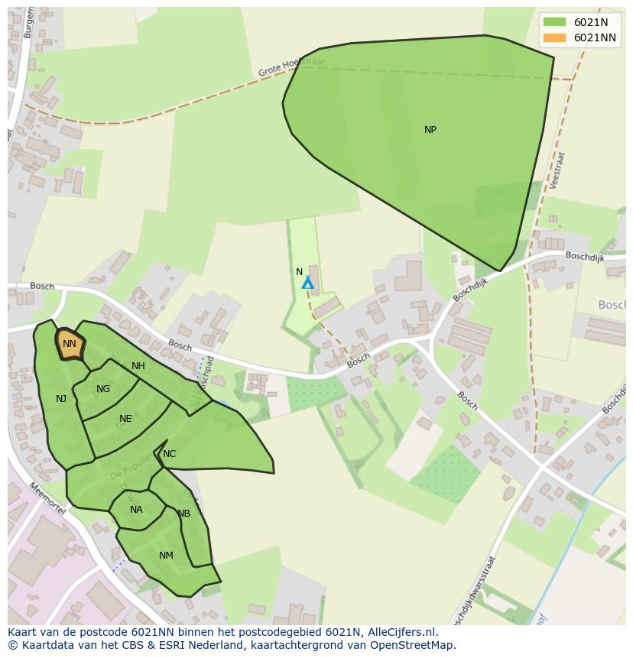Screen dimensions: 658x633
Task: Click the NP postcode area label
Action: click(x=430, y=130)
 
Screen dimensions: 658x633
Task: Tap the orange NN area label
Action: click(x=70, y=344)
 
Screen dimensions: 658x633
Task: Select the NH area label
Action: click(x=138, y=366)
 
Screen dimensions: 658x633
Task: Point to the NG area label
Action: click(x=103, y=389)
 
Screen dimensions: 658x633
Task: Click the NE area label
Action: click(x=125, y=419)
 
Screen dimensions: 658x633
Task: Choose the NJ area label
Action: click(x=61, y=399)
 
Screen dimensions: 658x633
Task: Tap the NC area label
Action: click(x=169, y=454)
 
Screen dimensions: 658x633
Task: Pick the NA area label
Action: click(x=136, y=510)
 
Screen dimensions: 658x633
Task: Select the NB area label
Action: click(x=183, y=514)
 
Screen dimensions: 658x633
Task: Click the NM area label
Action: click(x=166, y=556)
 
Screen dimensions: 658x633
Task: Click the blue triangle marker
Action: click(x=307, y=284)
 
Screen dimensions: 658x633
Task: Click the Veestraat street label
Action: click(x=557, y=170)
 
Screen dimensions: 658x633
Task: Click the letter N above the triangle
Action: click(x=300, y=272)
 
